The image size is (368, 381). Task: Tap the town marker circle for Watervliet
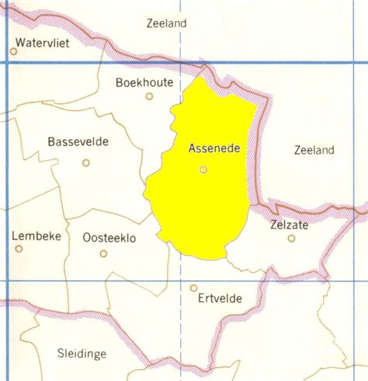point(14,51)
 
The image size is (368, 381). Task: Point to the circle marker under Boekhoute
point(150,96)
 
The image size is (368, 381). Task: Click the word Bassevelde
point(78,142)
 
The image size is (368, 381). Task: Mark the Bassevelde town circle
point(86,163)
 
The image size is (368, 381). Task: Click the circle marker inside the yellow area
point(203,169)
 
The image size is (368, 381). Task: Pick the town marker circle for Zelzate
point(291,239)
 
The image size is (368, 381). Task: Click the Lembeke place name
point(36,236)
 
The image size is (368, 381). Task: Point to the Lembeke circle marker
point(19,249)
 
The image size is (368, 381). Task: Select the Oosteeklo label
point(109,238)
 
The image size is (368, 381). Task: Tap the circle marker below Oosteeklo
point(103,253)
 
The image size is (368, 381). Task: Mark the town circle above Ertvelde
point(193,288)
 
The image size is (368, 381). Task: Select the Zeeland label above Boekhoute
point(166,23)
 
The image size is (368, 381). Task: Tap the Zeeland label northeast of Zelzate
point(314,149)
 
